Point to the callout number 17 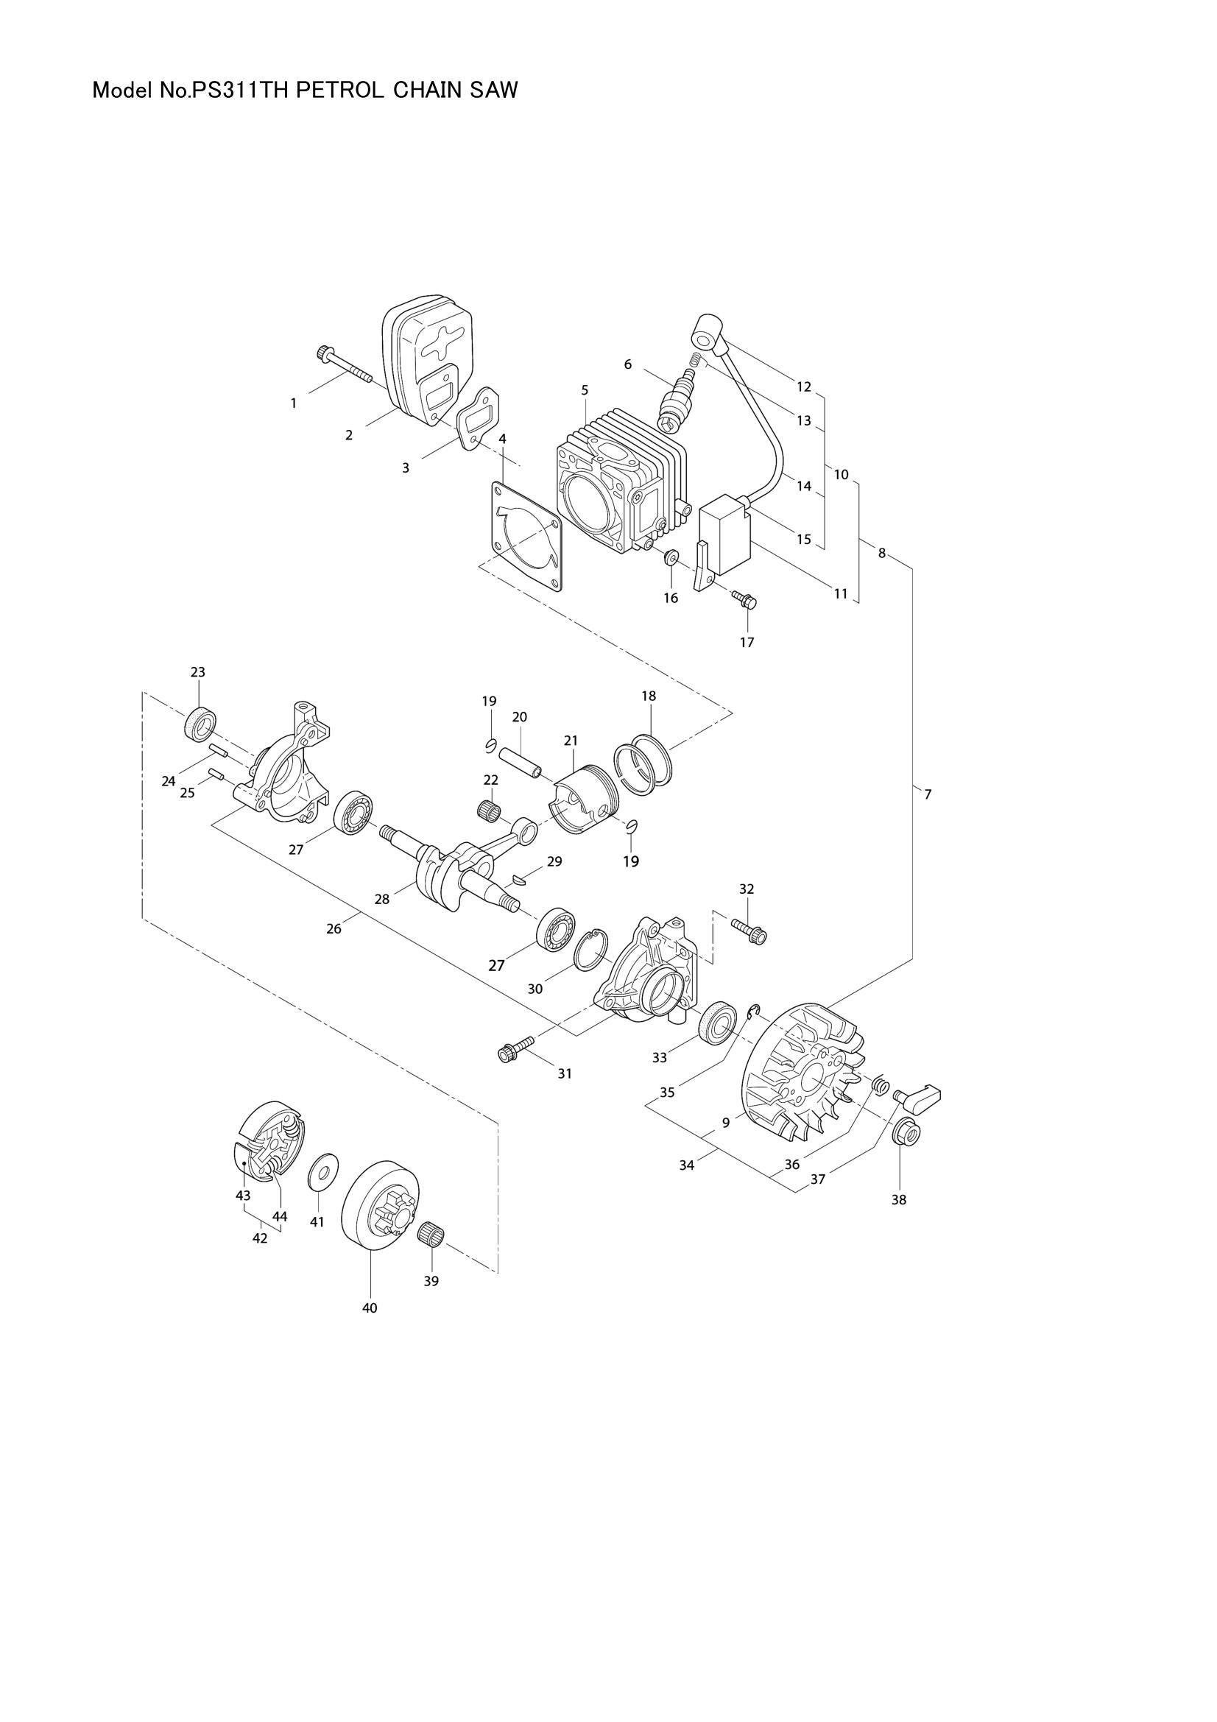[x=747, y=642]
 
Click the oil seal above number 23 [x=200, y=724]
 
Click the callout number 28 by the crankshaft [x=381, y=898]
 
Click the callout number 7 [x=928, y=794]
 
